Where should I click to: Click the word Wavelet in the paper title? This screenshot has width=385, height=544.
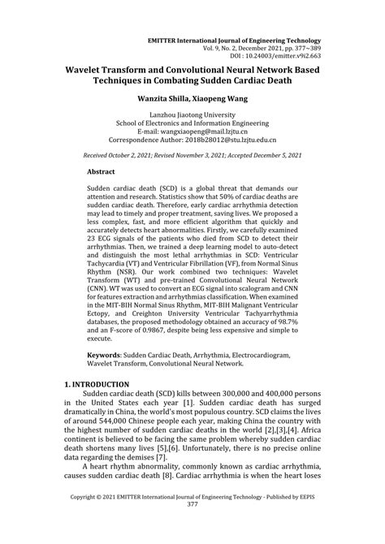coord(91,71)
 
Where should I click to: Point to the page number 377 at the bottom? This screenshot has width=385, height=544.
coord(192,526)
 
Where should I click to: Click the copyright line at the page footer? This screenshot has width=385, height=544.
coord(192,516)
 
